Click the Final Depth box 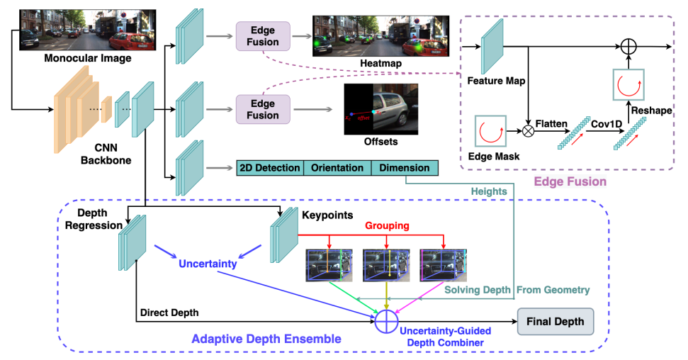coord(555,322)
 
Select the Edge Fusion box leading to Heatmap coord(263,36)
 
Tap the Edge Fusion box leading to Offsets coord(263,110)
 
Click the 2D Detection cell coord(269,168)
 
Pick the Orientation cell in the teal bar coord(337,168)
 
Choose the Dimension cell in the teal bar coord(404,168)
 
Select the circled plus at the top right coord(628,47)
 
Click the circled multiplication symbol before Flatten coord(527,130)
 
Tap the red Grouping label coord(387,226)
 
